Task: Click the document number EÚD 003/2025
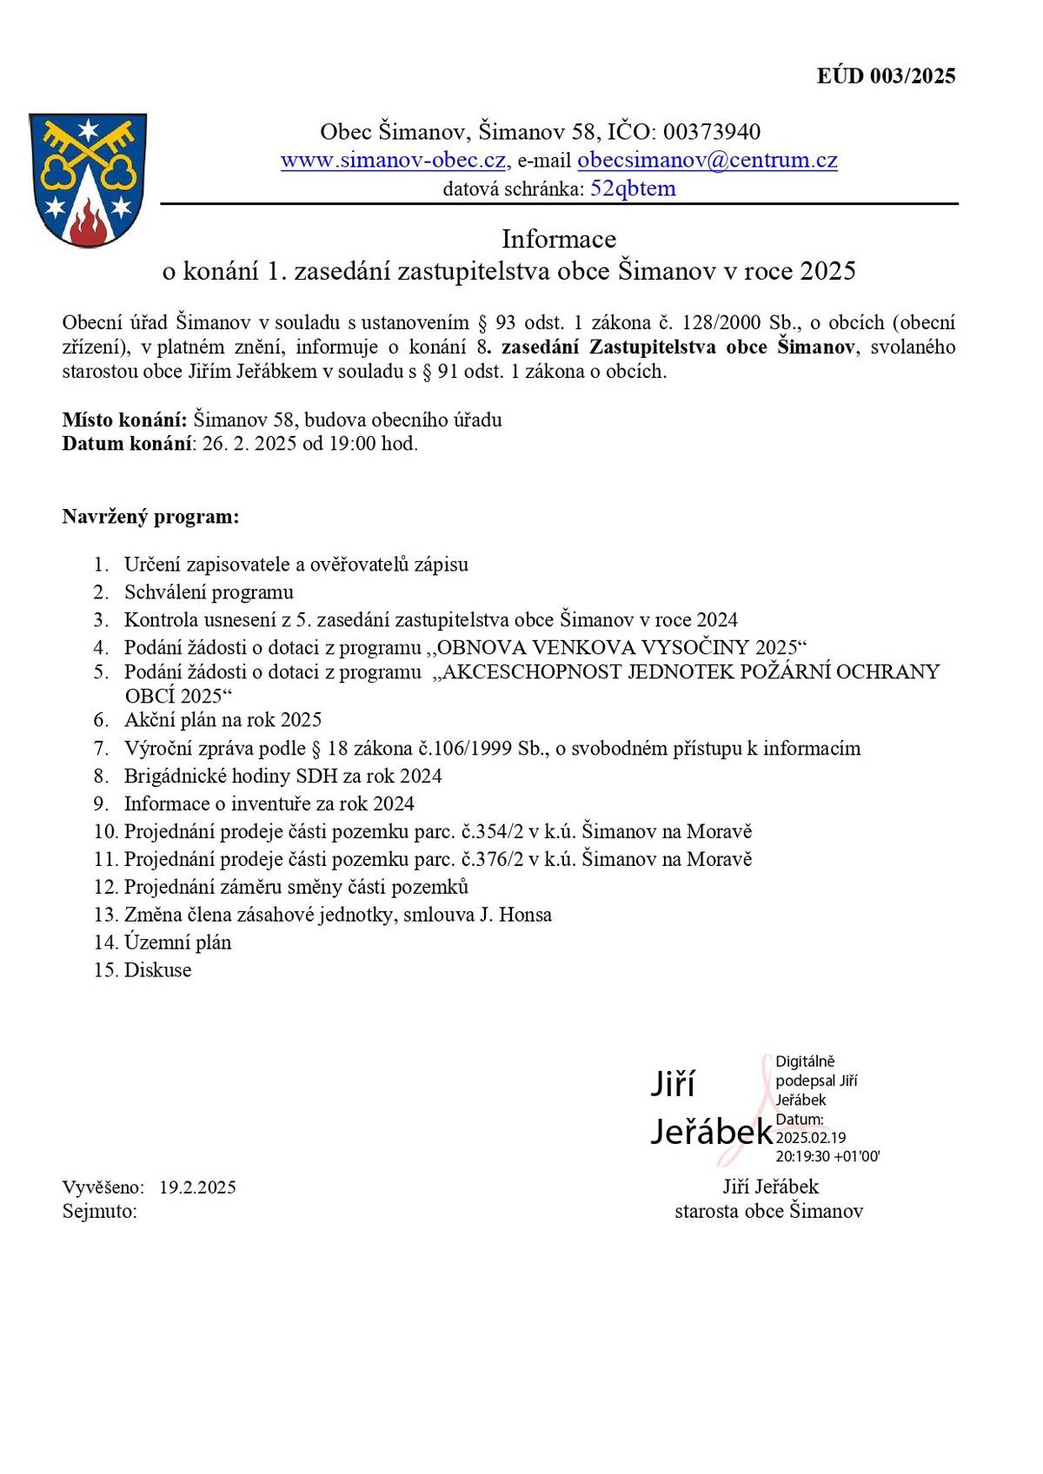pos(886,76)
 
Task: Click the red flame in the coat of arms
pos(87,224)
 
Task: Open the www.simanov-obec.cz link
pos(393,161)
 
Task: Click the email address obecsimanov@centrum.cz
pos(707,161)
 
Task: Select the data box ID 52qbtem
pos(632,188)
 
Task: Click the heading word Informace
pos(558,239)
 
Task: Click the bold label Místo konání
pos(124,420)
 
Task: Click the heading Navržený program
pos(150,518)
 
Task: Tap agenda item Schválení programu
pos(209,592)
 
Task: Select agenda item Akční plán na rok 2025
pos(223,720)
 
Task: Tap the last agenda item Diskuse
pos(157,971)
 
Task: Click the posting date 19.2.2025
pos(197,1187)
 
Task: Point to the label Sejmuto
pos(99,1212)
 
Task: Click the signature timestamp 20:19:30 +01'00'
pos(827,1157)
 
